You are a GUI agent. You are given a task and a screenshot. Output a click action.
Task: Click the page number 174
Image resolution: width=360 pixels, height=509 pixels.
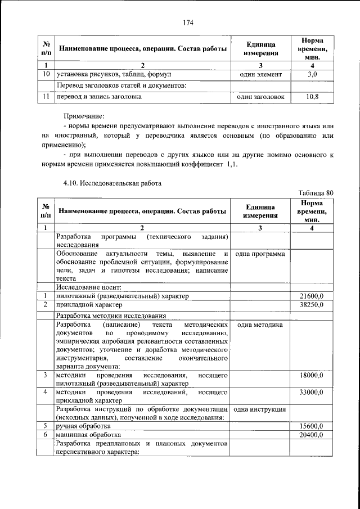click(x=188, y=22)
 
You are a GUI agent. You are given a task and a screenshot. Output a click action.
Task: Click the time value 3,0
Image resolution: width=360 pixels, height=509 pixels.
click(x=312, y=74)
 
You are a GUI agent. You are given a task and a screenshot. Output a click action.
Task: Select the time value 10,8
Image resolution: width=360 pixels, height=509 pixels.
click(x=312, y=97)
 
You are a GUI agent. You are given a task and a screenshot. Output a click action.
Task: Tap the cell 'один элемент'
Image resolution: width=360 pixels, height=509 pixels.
click(x=260, y=74)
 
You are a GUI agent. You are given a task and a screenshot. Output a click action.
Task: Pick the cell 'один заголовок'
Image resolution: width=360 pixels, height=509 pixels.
click(x=260, y=97)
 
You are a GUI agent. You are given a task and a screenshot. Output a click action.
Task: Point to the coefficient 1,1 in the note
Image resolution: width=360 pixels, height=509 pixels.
click(x=233, y=164)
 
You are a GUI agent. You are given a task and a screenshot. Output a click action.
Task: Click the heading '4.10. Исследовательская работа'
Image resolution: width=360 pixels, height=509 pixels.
click(x=112, y=183)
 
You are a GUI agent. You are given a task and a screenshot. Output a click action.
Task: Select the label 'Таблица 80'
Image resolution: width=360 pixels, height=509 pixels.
click(x=316, y=193)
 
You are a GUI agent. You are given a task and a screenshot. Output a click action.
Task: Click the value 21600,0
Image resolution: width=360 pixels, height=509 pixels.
click(x=312, y=296)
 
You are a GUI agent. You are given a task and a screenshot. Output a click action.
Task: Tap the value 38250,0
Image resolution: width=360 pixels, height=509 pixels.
click(x=312, y=305)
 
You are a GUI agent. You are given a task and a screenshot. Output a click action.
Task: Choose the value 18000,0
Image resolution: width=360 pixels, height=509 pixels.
click(x=312, y=375)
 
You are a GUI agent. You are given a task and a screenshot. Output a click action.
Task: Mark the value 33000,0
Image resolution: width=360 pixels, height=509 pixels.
click(x=312, y=391)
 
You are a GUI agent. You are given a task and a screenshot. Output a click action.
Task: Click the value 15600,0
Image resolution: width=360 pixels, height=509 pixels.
click(x=312, y=426)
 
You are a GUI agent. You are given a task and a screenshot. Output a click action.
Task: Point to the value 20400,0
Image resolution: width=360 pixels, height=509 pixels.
click(x=312, y=435)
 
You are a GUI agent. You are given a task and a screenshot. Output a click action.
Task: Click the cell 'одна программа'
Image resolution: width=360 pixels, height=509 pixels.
click(x=260, y=254)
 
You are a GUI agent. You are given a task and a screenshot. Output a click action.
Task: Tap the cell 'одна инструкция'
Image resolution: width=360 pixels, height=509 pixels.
click(x=260, y=409)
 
